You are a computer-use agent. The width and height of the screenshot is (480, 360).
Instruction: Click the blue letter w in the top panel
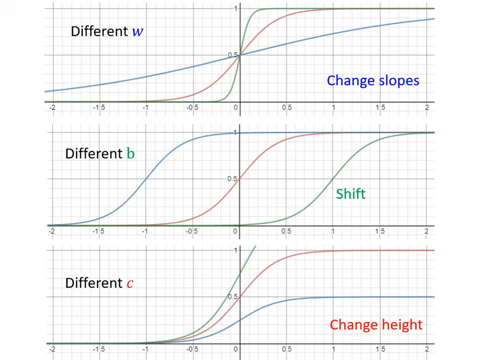[x=137, y=31]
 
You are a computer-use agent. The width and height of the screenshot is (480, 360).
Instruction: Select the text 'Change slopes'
[x=373, y=80]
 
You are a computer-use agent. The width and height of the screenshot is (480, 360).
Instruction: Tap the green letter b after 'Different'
[x=130, y=153]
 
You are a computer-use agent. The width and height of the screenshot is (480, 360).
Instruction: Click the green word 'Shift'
[x=350, y=193]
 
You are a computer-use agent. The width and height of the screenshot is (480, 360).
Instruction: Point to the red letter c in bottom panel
[x=130, y=283]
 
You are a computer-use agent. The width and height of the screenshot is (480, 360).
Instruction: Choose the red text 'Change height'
[x=376, y=325]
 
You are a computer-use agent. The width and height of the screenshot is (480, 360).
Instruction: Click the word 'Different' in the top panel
[x=99, y=31]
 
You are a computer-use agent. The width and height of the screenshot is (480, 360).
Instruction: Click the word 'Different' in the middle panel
[x=93, y=153]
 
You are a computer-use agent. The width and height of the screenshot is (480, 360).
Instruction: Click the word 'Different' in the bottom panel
[x=93, y=283]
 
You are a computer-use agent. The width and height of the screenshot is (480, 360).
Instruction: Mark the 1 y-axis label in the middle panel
[x=235, y=132]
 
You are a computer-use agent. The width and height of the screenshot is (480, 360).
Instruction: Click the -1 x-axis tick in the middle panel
[x=145, y=231]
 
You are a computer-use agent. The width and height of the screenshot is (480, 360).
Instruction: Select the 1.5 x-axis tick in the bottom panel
[x=380, y=349]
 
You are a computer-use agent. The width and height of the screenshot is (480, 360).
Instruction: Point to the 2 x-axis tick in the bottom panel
[x=426, y=349]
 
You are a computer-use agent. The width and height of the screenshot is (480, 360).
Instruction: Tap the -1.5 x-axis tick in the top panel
[x=98, y=108]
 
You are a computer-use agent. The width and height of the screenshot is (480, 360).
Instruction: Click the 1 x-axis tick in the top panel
[x=333, y=108]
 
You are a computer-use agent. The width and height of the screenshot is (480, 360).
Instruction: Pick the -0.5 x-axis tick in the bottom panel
[x=191, y=349]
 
